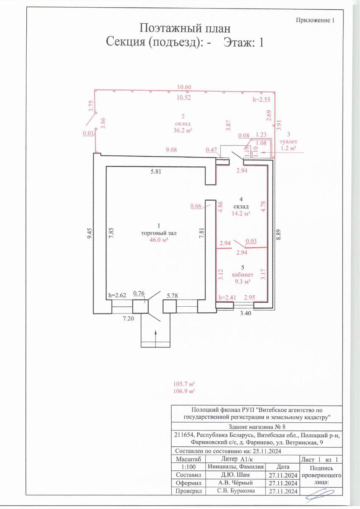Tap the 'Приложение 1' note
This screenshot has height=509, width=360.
(x=315, y=20)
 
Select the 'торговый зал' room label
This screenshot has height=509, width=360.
(x=159, y=233)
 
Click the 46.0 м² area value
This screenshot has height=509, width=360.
(x=159, y=240)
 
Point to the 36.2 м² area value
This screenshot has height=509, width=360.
(x=183, y=131)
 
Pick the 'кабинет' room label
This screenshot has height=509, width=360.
(x=243, y=275)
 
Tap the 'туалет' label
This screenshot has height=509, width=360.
(x=288, y=141)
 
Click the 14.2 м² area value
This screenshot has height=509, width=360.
(x=241, y=214)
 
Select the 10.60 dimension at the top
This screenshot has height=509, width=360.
(x=184, y=87)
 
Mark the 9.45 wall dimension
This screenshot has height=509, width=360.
(x=90, y=233)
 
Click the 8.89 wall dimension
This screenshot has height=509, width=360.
(x=279, y=234)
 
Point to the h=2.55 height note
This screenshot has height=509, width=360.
(x=262, y=100)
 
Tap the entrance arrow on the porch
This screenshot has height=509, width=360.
(x=156, y=339)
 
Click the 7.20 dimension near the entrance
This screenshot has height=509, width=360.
(x=128, y=319)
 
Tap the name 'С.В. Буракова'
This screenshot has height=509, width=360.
(x=236, y=491)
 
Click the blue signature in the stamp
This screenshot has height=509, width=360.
(x=320, y=493)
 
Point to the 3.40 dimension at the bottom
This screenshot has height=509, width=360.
(x=246, y=313)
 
